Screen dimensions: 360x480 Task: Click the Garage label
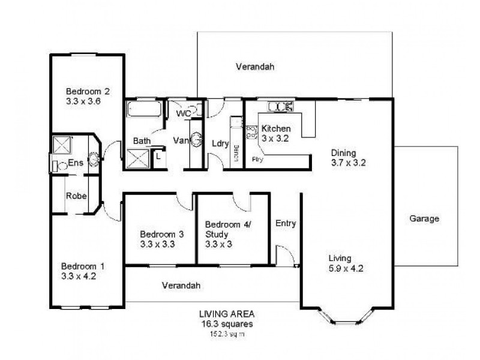click(x=425, y=219)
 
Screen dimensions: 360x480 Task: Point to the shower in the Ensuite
click(x=62, y=145)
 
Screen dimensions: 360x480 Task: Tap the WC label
click(x=184, y=113)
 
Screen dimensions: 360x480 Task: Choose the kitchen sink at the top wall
click(x=280, y=107)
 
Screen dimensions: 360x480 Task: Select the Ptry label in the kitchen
click(x=257, y=160)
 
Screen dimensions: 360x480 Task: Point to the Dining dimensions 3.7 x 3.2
click(x=348, y=163)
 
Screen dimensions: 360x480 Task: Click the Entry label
click(x=286, y=224)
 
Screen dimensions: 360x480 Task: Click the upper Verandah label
click(x=254, y=67)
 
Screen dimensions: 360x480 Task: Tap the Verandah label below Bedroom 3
click(x=181, y=286)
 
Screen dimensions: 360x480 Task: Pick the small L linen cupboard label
click(x=157, y=155)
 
